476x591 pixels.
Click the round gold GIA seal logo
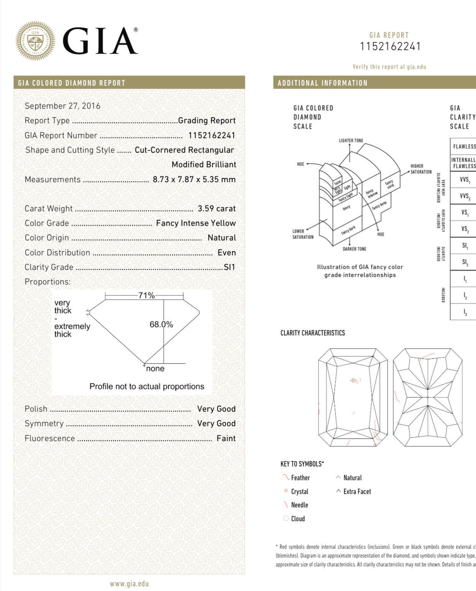point(35,41)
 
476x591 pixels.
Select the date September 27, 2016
point(62,106)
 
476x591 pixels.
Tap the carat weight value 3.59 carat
point(217,208)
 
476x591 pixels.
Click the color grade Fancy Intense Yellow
point(195,223)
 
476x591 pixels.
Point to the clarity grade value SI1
point(229,267)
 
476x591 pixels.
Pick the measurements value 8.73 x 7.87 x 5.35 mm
point(194,179)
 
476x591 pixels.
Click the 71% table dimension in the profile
point(146,295)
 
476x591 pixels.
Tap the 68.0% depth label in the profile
point(161,324)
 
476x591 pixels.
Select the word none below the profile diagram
point(155,368)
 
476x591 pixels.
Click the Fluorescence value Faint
point(226,438)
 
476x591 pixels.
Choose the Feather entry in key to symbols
point(300,478)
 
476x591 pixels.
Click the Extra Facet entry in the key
point(357,491)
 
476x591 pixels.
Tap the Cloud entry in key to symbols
point(298,519)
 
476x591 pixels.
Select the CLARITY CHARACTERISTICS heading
point(312,333)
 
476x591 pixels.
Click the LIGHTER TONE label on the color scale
point(351,141)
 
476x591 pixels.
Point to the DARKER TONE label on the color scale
point(354,249)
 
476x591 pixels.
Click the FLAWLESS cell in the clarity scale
point(464,146)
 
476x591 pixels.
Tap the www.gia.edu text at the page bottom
point(129,584)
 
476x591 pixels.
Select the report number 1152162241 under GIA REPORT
point(390,47)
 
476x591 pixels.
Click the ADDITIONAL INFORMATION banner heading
point(322,83)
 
